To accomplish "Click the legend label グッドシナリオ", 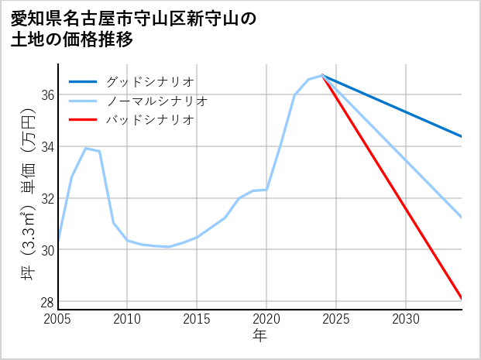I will tap(149, 81).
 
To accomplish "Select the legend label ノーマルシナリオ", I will tap(156, 101).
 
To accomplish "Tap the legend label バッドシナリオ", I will tap(149, 120).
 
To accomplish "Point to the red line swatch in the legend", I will tap(84, 120).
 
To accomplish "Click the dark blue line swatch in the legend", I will tap(84, 81).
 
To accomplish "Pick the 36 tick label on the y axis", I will tap(46, 94).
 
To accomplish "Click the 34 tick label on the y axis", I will tap(46, 146).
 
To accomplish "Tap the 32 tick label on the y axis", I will tap(46, 198).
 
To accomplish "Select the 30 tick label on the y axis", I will tap(46, 250).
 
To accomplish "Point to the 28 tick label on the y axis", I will tap(46, 302).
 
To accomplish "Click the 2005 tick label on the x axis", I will tap(58, 319).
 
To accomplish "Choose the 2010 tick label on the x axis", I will tap(128, 319).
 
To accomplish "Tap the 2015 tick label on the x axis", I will tap(197, 319).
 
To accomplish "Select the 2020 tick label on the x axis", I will tap(266, 319).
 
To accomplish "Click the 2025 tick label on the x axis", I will tap(336, 319).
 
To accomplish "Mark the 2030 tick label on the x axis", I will tap(406, 319).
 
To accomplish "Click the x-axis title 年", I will tap(259, 336).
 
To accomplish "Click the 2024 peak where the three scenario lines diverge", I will tap(322, 75).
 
